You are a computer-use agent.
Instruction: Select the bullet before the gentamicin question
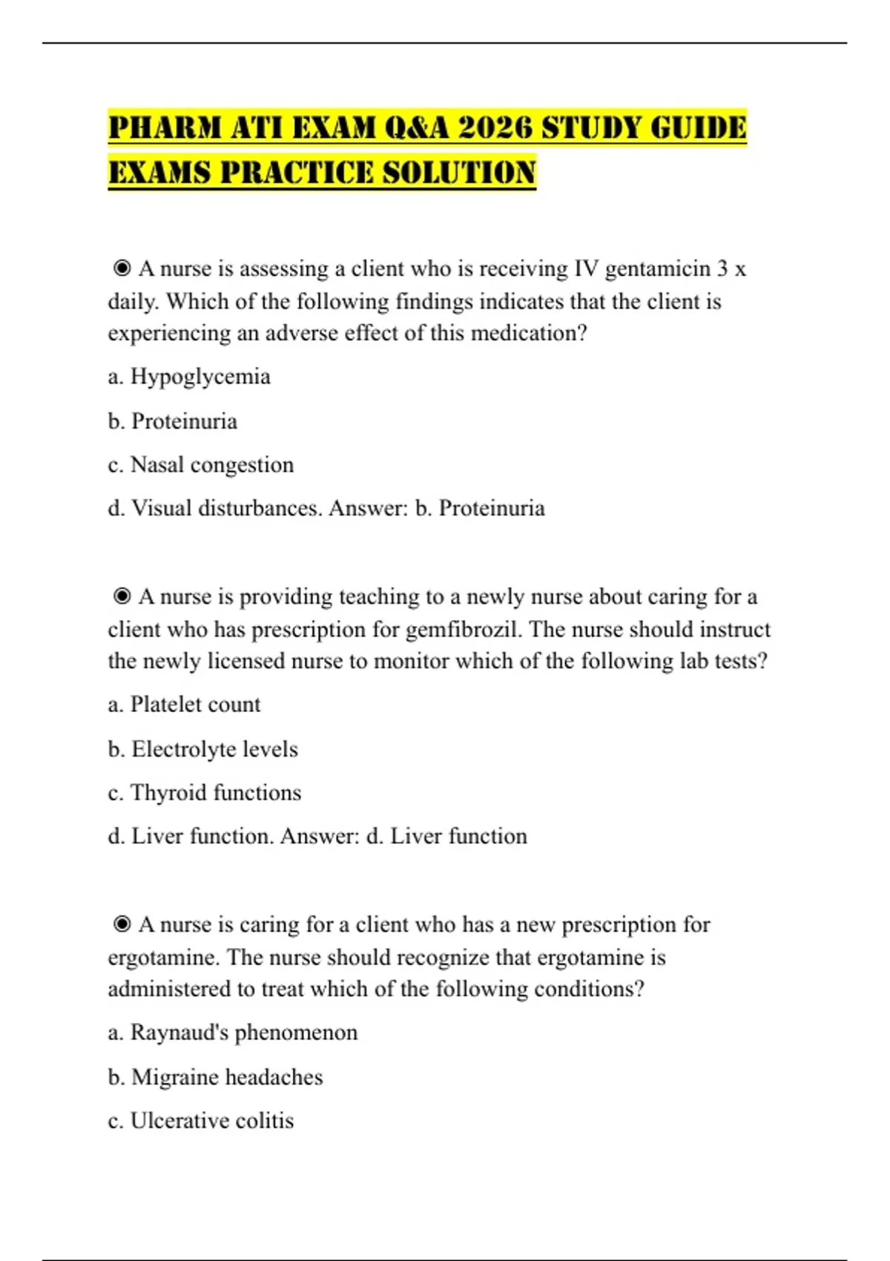point(122,268)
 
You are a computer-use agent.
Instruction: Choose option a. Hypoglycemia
point(189,377)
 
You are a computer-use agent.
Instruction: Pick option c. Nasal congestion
point(201,465)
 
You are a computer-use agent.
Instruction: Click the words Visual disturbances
point(226,508)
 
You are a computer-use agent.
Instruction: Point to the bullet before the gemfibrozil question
point(122,596)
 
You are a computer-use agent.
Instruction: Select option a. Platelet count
point(185,705)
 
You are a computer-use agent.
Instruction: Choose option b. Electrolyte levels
point(203,749)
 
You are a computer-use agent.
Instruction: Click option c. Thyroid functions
point(205,793)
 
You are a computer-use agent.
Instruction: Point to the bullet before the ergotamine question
point(122,924)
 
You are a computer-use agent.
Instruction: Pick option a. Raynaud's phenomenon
point(233,1033)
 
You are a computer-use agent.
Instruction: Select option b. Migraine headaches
point(216,1077)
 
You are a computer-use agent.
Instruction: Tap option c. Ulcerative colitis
point(201,1121)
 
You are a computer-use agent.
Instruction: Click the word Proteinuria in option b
point(184,421)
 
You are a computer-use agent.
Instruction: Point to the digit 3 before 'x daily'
point(722,268)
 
